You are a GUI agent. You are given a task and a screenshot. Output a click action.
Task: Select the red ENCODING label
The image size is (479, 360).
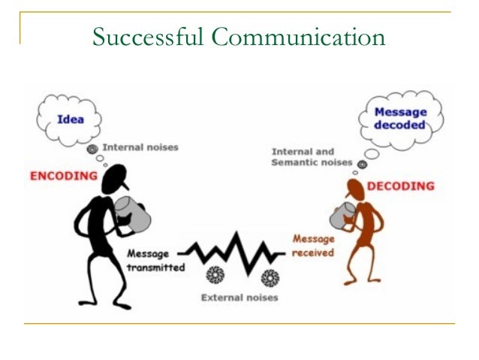pos(64,176)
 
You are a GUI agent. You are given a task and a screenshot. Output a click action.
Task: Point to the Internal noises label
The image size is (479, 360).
pos(140,147)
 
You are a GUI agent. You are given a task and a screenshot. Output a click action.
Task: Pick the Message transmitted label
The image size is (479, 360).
pos(156,260)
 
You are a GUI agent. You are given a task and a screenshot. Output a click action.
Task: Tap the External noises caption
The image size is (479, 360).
pos(239,298)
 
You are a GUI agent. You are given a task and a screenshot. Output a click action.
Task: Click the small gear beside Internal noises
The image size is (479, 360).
pos(92,149)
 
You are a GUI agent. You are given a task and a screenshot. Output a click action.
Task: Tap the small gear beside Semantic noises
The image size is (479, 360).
pos(362,164)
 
